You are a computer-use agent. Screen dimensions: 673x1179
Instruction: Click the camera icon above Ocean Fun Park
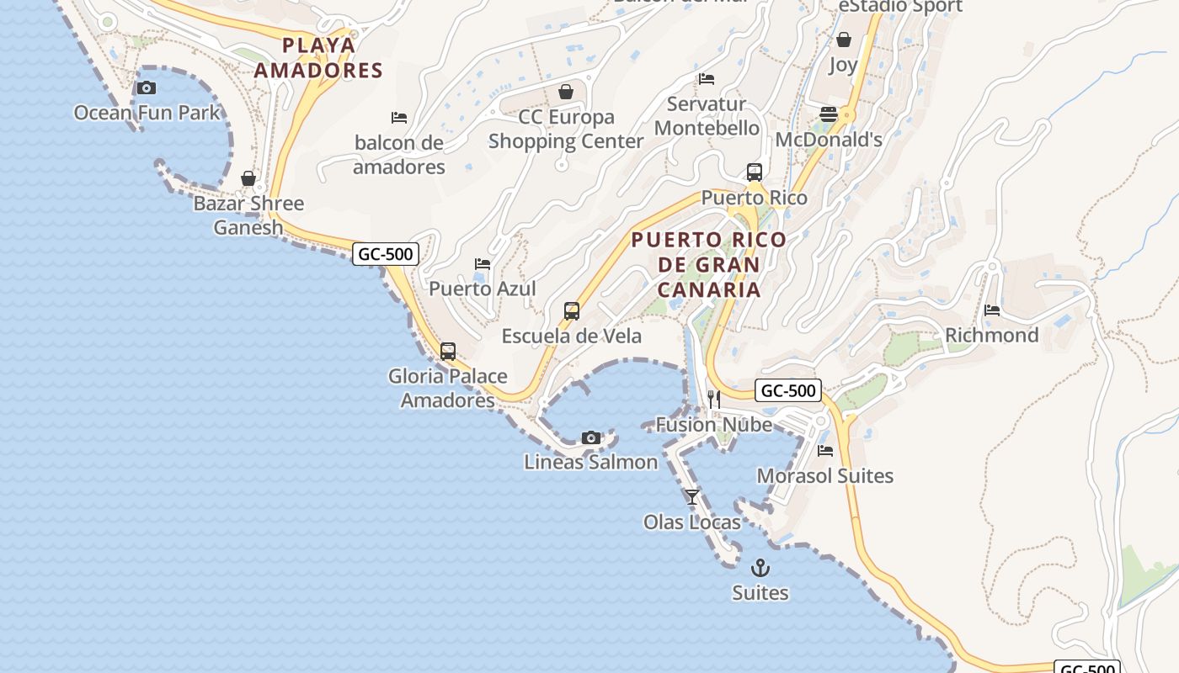pos(147,87)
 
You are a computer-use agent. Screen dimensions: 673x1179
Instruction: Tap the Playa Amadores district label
pos(318,57)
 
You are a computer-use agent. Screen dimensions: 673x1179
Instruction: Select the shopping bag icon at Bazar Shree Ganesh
pos(248,178)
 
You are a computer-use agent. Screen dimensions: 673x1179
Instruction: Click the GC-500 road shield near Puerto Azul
pos(385,253)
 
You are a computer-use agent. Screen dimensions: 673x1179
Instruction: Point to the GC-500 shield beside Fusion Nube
pos(788,390)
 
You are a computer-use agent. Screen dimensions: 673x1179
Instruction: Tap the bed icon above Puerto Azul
pos(483,264)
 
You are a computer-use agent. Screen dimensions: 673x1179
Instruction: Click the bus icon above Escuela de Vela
pos(572,311)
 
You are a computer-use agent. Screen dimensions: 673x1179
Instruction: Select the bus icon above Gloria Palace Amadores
pos(448,352)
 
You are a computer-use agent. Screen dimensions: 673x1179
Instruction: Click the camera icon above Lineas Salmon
pos(591,437)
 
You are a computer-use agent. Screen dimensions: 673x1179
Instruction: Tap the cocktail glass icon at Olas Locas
pos(692,497)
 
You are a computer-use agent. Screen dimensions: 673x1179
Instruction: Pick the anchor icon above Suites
pos(760,568)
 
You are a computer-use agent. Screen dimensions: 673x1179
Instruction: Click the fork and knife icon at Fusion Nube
pos(714,399)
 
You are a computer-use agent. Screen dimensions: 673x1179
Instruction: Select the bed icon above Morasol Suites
pos(825,451)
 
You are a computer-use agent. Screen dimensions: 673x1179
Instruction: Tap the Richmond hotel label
pos(991,335)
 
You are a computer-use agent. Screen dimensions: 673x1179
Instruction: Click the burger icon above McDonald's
pos(829,114)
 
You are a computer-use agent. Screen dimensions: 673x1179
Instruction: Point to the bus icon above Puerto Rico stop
pos(755,172)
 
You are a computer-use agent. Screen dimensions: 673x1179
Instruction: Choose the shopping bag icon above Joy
pos(843,40)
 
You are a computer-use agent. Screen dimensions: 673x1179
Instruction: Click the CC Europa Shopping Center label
pos(566,129)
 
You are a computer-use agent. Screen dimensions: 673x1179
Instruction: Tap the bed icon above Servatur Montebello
pos(707,79)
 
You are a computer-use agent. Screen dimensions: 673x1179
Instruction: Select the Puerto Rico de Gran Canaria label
pos(709,264)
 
